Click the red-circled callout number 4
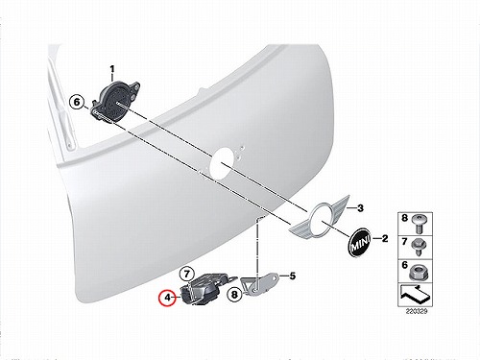point(168,298)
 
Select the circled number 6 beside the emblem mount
point(77,103)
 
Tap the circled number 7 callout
point(187,274)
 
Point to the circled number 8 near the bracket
point(234,295)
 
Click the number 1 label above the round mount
point(112,69)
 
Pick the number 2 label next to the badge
point(385,238)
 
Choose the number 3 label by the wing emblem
point(361,208)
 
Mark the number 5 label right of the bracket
point(293,276)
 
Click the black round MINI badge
point(359,242)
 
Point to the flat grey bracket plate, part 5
point(260,284)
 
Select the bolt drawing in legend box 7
point(420,247)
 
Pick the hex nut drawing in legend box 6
point(420,273)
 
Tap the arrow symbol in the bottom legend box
point(415,295)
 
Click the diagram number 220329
point(417,311)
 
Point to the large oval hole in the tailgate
point(222,163)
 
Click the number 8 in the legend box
point(405,218)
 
